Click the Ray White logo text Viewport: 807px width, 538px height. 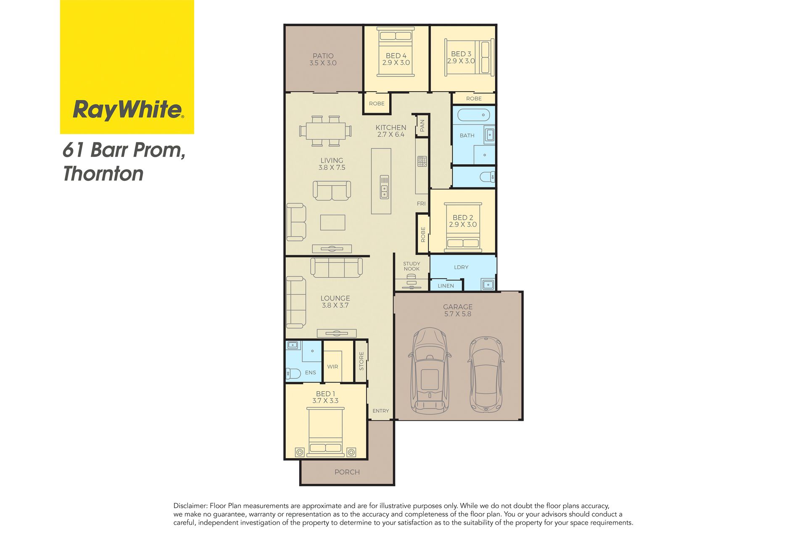128,110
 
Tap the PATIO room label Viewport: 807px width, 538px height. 323,56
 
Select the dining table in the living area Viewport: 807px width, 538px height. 325,131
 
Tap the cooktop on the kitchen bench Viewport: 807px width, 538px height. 422,161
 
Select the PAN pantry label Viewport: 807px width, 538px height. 422,125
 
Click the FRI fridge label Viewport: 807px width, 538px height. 421,203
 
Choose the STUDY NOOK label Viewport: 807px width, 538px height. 411,266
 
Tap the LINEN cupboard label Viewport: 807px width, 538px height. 446,286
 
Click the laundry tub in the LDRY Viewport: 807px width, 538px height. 488,285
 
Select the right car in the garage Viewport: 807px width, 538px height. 486,374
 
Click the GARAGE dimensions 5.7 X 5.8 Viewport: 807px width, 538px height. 458,314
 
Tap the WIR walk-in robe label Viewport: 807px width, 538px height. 332,367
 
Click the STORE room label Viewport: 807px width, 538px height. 361,361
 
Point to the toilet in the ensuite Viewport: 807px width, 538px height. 293,373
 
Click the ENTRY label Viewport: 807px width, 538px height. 381,411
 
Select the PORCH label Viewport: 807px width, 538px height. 347,472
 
